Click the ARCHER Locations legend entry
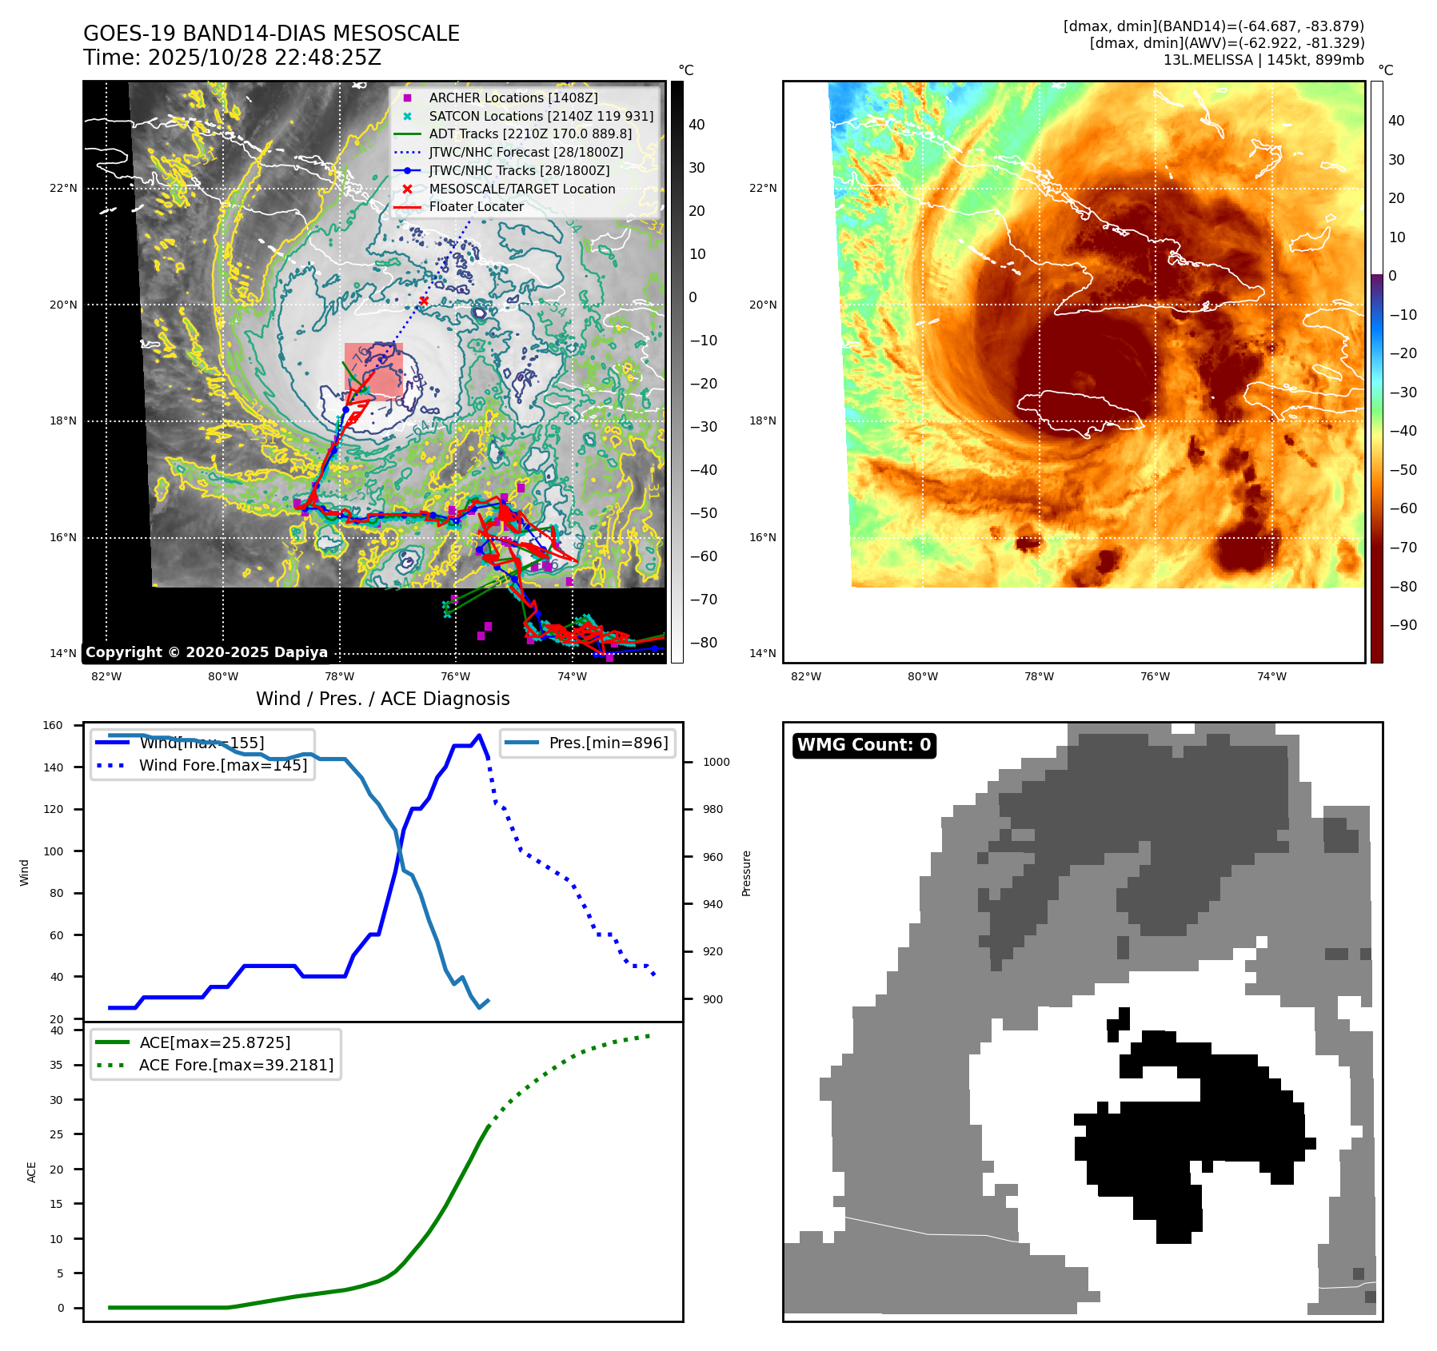(513, 98)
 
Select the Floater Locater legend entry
(476, 206)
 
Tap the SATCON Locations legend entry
(541, 116)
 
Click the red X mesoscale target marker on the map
(424, 301)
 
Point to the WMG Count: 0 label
(864, 745)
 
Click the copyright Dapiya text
(206, 652)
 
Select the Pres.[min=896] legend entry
(608, 743)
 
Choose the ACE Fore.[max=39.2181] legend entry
(236, 1065)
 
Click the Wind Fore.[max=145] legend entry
(222, 765)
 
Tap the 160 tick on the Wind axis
(53, 726)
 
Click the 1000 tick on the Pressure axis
(716, 762)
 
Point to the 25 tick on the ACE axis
(56, 1134)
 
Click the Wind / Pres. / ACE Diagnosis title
(382, 699)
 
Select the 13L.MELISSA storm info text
(1263, 60)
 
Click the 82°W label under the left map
(106, 676)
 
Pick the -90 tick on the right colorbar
(1403, 625)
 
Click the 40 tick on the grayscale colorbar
(697, 125)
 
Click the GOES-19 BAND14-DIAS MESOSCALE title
(271, 34)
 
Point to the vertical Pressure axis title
(746, 873)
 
